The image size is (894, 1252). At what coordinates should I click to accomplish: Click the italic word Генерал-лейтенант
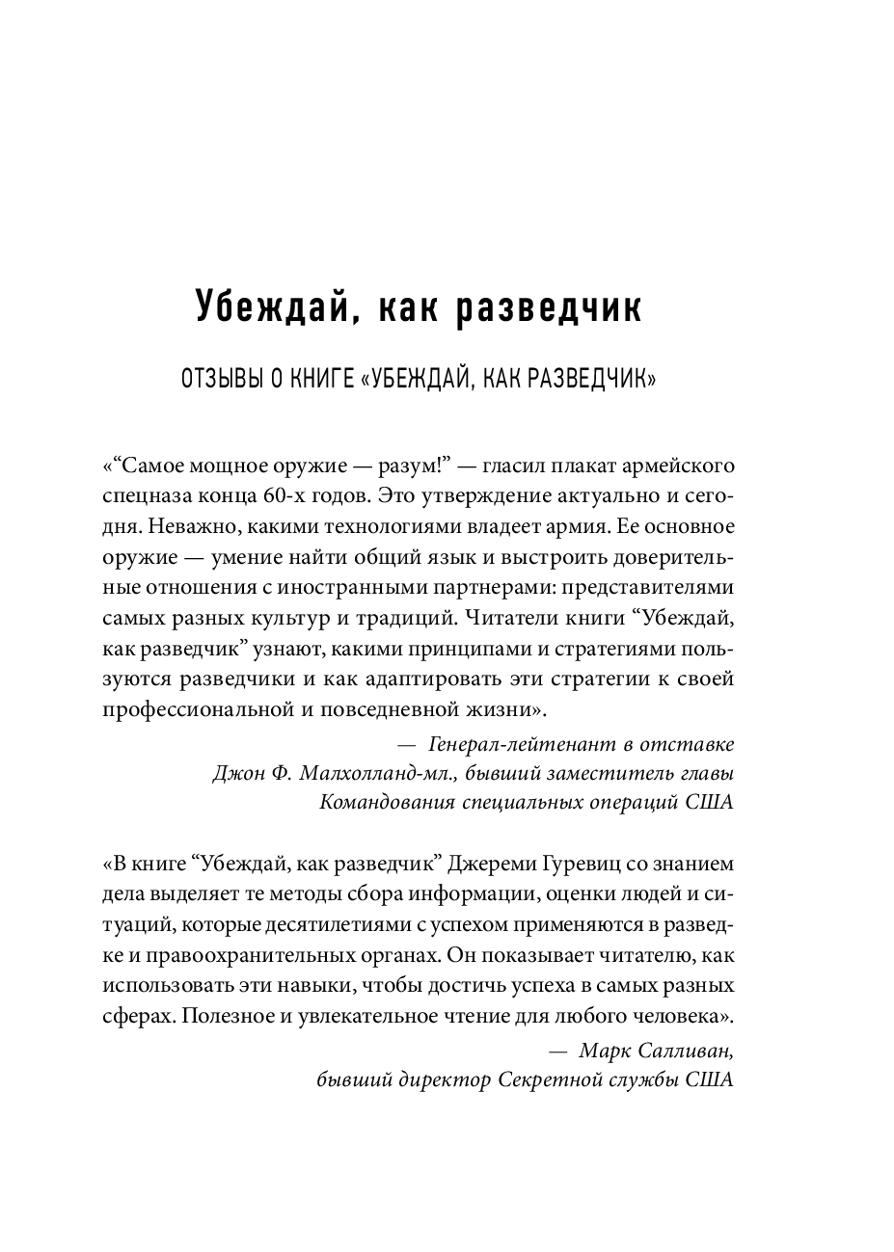coord(514,744)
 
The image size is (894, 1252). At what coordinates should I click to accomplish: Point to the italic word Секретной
coord(545,1080)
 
